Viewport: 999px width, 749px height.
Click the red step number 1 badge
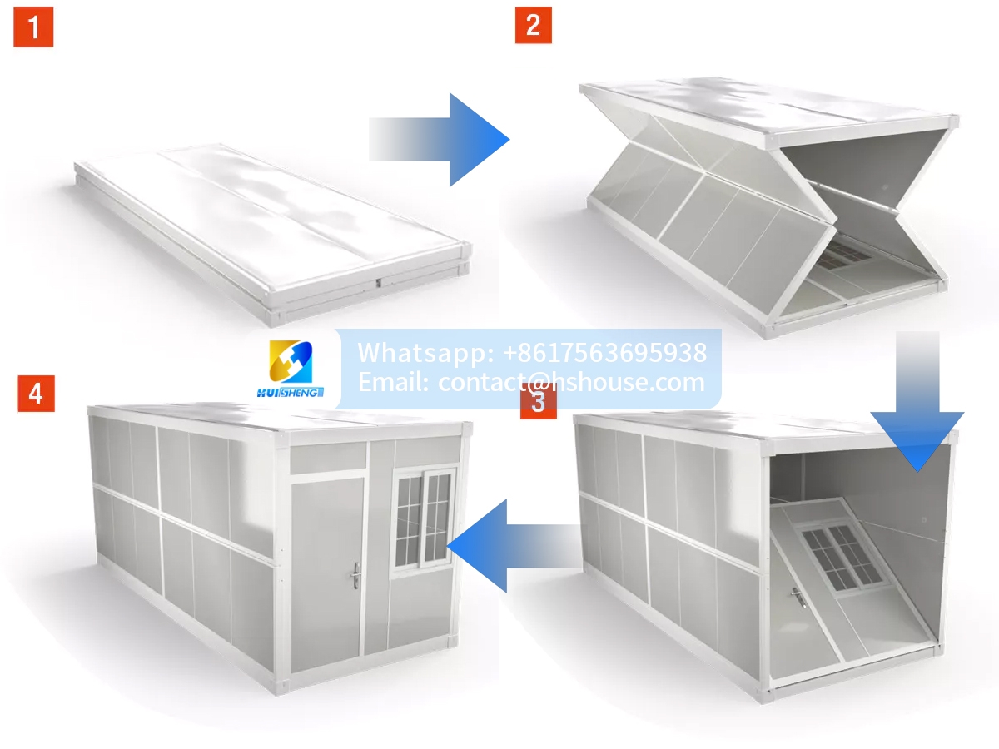pos(33,27)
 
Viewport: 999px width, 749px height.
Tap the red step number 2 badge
pos(534,25)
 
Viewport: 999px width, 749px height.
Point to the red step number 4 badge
pos(37,394)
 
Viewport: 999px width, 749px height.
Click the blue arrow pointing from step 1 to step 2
pos(440,140)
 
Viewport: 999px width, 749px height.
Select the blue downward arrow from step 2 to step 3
pos(917,401)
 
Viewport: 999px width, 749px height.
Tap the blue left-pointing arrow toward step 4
pos(513,546)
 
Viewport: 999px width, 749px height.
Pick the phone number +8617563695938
pos(605,352)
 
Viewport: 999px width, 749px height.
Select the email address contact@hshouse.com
pos(571,382)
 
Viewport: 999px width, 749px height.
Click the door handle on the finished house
pos(356,576)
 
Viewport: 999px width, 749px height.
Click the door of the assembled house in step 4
pos(327,574)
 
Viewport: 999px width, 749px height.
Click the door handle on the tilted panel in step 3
pos(798,597)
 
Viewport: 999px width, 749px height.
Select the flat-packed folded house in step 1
pos(273,234)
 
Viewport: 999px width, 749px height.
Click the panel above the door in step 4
pos(328,458)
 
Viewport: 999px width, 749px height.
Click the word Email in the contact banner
pos(393,382)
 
